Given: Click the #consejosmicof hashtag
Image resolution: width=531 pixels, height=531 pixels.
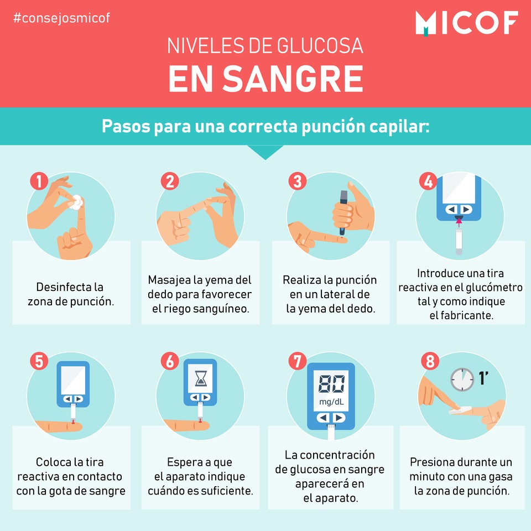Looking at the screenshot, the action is [x=61, y=18].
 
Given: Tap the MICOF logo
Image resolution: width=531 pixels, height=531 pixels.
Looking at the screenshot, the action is [x=467, y=23].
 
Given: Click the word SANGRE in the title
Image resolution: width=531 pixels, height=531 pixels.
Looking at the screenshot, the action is [x=293, y=79].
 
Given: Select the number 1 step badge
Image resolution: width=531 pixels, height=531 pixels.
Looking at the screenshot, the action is [x=39, y=181].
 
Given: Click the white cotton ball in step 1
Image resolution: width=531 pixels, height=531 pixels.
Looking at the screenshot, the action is [x=76, y=202].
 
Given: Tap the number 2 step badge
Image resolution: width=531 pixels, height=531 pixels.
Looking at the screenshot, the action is [x=170, y=181].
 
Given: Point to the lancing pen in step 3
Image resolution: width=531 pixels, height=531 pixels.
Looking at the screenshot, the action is [x=343, y=212].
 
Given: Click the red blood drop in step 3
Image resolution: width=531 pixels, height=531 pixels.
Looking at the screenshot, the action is [x=345, y=240].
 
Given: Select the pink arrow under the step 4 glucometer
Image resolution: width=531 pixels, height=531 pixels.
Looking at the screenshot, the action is [x=459, y=222].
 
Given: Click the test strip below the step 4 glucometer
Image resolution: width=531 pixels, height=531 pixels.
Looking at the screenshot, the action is [x=459, y=242].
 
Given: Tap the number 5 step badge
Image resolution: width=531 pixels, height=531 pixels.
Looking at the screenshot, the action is [x=39, y=361].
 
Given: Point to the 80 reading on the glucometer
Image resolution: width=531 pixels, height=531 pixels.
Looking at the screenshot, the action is [x=331, y=384].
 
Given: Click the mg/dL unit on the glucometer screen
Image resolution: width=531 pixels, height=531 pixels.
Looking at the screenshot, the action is [x=331, y=402].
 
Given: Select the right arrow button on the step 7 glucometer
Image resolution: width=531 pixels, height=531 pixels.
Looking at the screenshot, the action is [x=339, y=418].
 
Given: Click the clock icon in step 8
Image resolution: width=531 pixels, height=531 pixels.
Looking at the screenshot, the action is [x=462, y=379].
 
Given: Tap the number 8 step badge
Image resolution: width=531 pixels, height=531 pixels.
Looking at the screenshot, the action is [x=430, y=361].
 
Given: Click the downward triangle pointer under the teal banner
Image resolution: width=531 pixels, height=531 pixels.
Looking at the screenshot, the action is [x=265, y=152].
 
